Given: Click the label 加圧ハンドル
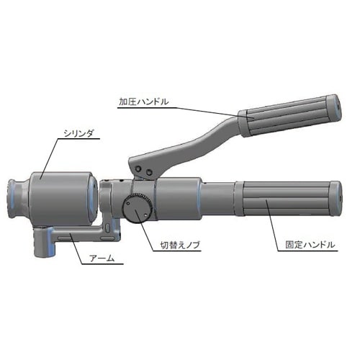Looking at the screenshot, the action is (144, 102).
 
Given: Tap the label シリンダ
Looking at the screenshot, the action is (78, 133).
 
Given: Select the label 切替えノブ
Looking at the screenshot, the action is (180, 246).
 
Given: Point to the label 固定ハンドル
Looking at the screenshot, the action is (310, 245).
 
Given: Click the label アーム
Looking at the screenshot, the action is (102, 258).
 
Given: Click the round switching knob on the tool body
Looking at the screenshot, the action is (137, 207).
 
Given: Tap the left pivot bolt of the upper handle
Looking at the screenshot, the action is (138, 169).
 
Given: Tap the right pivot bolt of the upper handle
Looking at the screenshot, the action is (149, 172).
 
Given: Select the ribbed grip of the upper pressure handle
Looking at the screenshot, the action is (286, 117).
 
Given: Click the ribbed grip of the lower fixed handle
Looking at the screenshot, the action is (286, 199).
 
